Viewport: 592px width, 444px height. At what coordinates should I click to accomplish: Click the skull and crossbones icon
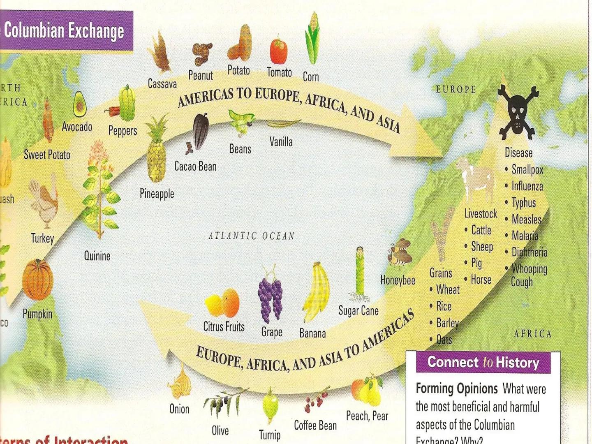click(x=518, y=112)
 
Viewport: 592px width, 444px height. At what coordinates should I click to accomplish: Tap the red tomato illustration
click(x=279, y=51)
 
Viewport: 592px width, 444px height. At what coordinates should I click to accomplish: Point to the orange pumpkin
click(x=38, y=280)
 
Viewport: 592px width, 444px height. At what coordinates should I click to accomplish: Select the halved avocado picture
click(x=79, y=104)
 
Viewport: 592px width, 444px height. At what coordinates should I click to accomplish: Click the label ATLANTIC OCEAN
click(x=252, y=236)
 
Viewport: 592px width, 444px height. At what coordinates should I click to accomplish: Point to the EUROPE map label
click(x=456, y=89)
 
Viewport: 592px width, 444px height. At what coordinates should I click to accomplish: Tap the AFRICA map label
click(x=533, y=333)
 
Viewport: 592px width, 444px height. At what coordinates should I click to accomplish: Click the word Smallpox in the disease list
click(x=527, y=169)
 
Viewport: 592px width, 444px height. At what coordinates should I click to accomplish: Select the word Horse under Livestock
click(x=481, y=280)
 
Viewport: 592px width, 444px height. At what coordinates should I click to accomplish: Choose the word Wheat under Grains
click(x=448, y=289)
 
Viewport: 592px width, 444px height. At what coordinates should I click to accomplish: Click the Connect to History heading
click(x=483, y=362)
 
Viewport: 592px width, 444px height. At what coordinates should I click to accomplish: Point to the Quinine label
click(x=97, y=256)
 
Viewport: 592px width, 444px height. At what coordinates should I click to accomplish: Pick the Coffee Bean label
click(x=315, y=425)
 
